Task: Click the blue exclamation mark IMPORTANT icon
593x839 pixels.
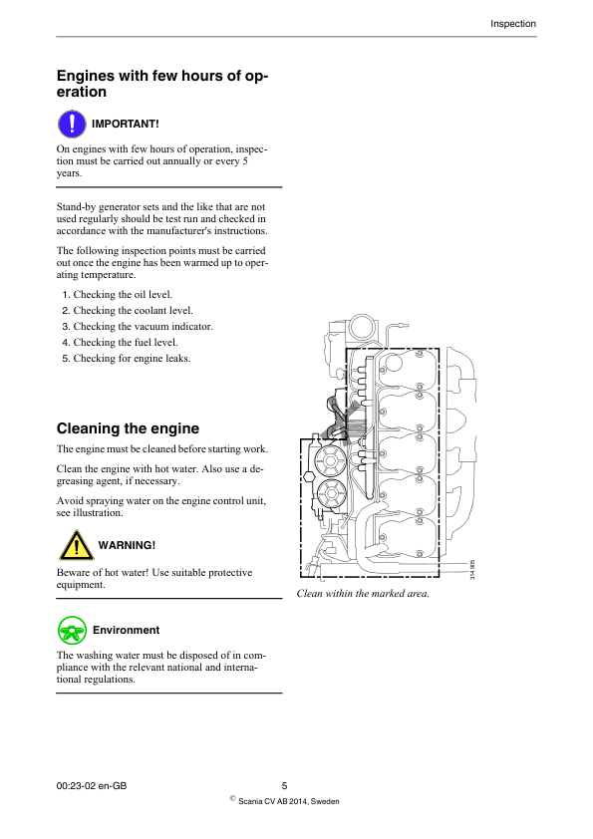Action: pyautogui.click(x=72, y=124)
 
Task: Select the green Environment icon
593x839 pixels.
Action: pyautogui.click(x=72, y=630)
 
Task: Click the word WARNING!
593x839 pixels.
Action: pyautogui.click(x=126, y=546)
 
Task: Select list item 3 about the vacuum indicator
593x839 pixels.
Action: pyautogui.click(x=137, y=326)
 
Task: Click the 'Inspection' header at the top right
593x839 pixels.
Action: pyautogui.click(x=513, y=24)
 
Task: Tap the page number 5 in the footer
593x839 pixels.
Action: pyautogui.click(x=284, y=786)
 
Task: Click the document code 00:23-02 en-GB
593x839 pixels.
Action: pyautogui.click(x=92, y=786)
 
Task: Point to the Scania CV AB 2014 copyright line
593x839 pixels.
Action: pyautogui.click(x=289, y=801)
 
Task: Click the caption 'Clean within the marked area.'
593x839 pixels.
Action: pyautogui.click(x=363, y=594)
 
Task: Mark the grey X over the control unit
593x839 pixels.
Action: pyautogui.click(x=341, y=417)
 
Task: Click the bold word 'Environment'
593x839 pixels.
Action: pyautogui.click(x=126, y=630)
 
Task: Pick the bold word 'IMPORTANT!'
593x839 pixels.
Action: pyautogui.click(x=126, y=124)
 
